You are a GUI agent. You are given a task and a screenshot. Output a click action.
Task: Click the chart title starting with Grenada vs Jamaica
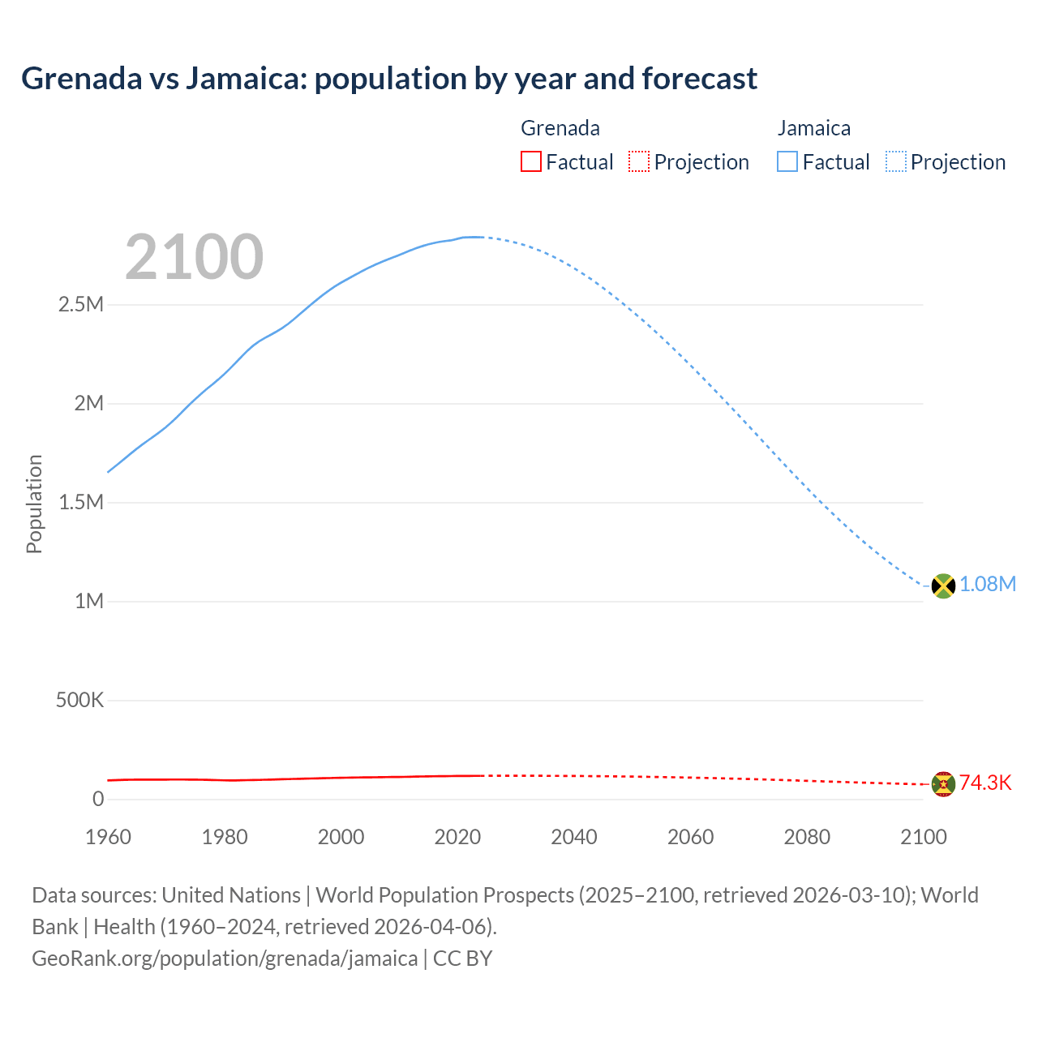(389, 79)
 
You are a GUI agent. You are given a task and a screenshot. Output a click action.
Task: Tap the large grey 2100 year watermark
(194, 257)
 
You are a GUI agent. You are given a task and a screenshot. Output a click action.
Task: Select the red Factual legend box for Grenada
(530, 162)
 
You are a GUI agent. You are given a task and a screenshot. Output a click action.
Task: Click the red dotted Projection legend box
(639, 162)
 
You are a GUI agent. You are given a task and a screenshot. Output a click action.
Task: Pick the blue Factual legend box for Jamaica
(787, 162)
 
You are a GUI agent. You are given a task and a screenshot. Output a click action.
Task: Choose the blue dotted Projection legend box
(895, 162)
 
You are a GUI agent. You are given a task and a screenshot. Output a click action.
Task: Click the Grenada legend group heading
(560, 128)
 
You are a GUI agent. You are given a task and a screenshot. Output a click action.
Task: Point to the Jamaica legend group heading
(813, 128)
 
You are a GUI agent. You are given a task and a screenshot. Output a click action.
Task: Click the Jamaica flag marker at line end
(943, 585)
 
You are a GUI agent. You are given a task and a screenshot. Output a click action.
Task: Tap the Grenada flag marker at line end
(943, 784)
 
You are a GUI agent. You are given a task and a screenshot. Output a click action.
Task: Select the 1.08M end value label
(988, 585)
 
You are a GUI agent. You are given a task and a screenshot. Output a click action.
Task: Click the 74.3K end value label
(985, 783)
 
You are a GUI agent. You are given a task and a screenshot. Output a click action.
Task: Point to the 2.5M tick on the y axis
(81, 305)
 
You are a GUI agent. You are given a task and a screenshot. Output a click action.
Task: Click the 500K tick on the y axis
(79, 701)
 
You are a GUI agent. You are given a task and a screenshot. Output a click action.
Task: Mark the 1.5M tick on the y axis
(81, 503)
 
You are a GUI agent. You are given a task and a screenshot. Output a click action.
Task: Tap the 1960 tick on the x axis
(108, 837)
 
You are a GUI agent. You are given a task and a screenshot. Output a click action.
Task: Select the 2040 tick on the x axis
(574, 837)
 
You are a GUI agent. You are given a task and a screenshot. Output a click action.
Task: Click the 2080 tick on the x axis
(807, 837)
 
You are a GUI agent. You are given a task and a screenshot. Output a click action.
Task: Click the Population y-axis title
(34, 504)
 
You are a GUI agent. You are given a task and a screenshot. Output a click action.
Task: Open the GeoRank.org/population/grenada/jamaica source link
(225, 959)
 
